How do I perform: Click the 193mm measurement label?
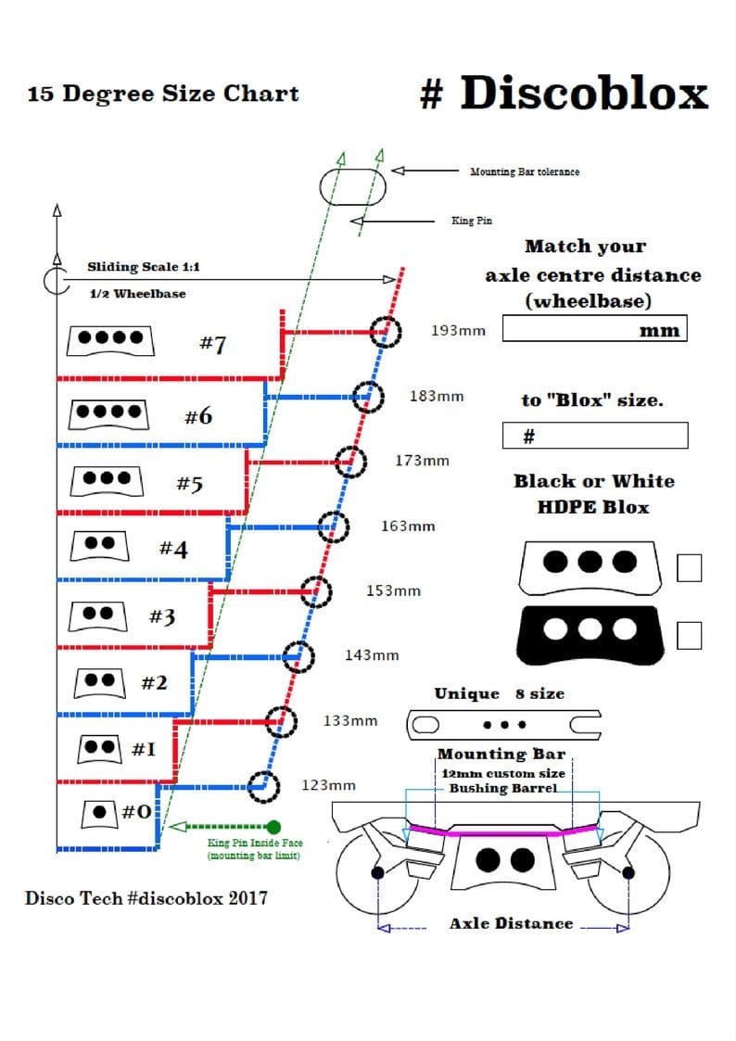458,331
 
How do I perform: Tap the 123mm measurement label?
328,785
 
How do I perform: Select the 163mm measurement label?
408,527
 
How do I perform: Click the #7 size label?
212,344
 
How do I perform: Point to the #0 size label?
136,811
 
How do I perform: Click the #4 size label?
173,549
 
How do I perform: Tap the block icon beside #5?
107,480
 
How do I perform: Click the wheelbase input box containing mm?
595,329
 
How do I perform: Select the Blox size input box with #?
595,436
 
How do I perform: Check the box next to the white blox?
689,568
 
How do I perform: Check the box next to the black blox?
689,635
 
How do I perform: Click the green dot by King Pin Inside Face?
273,827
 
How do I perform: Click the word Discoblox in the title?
584,93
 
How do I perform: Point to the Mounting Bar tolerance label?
525,171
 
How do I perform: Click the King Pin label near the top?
472,221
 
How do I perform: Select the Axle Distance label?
511,923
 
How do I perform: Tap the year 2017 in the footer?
247,898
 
